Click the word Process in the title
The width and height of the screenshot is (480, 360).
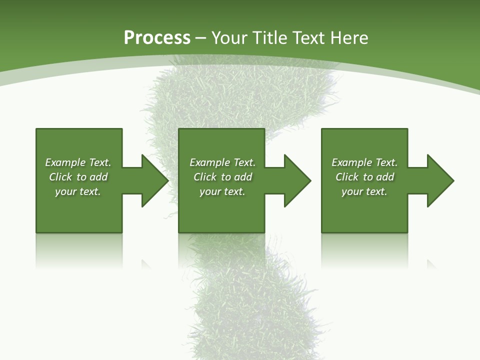tap(157, 38)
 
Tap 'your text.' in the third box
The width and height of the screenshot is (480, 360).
tap(364, 191)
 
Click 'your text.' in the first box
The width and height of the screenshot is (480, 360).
tap(77, 191)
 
